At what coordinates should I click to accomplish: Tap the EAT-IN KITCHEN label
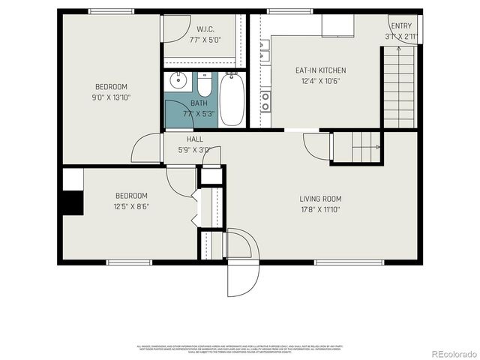[320, 70]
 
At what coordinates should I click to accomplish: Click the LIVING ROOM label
[320, 199]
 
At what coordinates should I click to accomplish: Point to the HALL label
[194, 139]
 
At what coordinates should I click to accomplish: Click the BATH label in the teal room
[199, 103]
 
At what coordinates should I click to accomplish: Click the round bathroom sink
[178, 81]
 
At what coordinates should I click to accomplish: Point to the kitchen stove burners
[265, 101]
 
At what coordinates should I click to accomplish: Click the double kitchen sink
[265, 51]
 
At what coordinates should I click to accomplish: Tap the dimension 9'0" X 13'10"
[111, 97]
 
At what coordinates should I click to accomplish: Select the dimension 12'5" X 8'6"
[131, 206]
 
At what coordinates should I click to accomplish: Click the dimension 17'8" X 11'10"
[320, 209]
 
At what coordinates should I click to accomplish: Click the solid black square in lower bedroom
[73, 204]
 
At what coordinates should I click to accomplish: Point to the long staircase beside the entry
[398, 87]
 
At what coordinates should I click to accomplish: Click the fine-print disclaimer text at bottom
[239, 349]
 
